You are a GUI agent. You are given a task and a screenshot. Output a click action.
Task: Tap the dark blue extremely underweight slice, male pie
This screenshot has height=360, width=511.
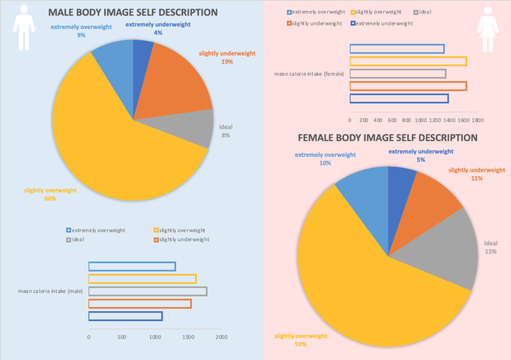click(x=142, y=55)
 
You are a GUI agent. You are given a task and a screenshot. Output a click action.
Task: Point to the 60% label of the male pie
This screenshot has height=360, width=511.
click(x=50, y=199)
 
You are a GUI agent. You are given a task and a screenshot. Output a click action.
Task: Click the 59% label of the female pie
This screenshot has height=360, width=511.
click(x=300, y=344)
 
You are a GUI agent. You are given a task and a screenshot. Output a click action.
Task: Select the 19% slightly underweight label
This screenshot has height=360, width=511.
click(x=227, y=62)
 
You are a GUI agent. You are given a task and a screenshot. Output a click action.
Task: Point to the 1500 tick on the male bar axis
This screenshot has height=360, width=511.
click(x=188, y=337)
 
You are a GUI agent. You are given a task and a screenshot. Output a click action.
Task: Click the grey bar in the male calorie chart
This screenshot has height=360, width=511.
click(x=148, y=291)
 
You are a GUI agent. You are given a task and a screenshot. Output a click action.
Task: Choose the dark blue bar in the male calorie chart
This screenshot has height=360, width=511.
click(x=125, y=316)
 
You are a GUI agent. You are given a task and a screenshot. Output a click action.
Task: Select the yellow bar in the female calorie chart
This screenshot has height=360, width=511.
click(x=408, y=61)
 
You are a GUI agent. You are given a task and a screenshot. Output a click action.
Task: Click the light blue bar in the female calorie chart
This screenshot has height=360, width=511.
click(x=397, y=49)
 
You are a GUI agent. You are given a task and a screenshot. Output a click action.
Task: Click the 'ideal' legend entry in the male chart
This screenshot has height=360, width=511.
click(x=77, y=240)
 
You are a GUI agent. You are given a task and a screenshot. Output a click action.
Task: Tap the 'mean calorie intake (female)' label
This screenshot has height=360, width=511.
click(x=309, y=74)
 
